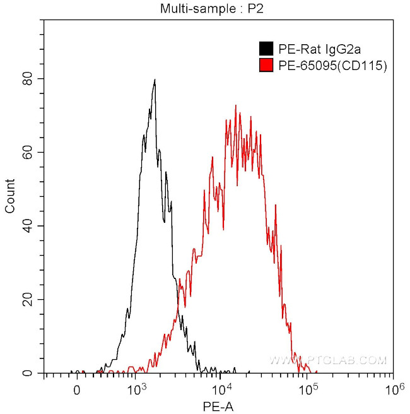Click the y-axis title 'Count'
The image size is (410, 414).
click(10, 196)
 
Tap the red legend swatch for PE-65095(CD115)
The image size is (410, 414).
click(266, 64)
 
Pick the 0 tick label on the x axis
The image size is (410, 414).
click(76, 390)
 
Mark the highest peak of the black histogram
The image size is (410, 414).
click(155, 80)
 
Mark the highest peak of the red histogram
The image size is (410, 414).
click(235, 105)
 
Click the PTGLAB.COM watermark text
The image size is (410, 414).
click(328, 360)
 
